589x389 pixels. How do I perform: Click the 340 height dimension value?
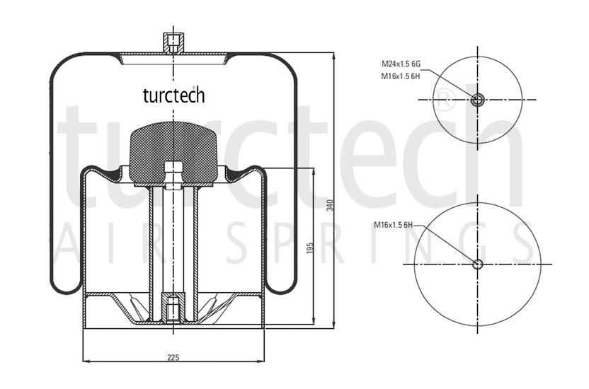pos(330,205)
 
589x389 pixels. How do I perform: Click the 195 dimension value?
pos(310,248)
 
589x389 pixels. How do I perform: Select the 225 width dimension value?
pos(173,357)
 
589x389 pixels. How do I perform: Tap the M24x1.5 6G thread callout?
pos(401,64)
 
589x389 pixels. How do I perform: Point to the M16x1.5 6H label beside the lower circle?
pos(394,225)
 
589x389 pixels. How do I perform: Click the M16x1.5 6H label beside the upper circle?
pos(401,76)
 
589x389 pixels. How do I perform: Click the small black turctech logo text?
pos(174,95)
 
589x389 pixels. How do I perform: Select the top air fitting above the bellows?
pos(173,42)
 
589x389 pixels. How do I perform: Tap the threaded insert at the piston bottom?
pos(173,308)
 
